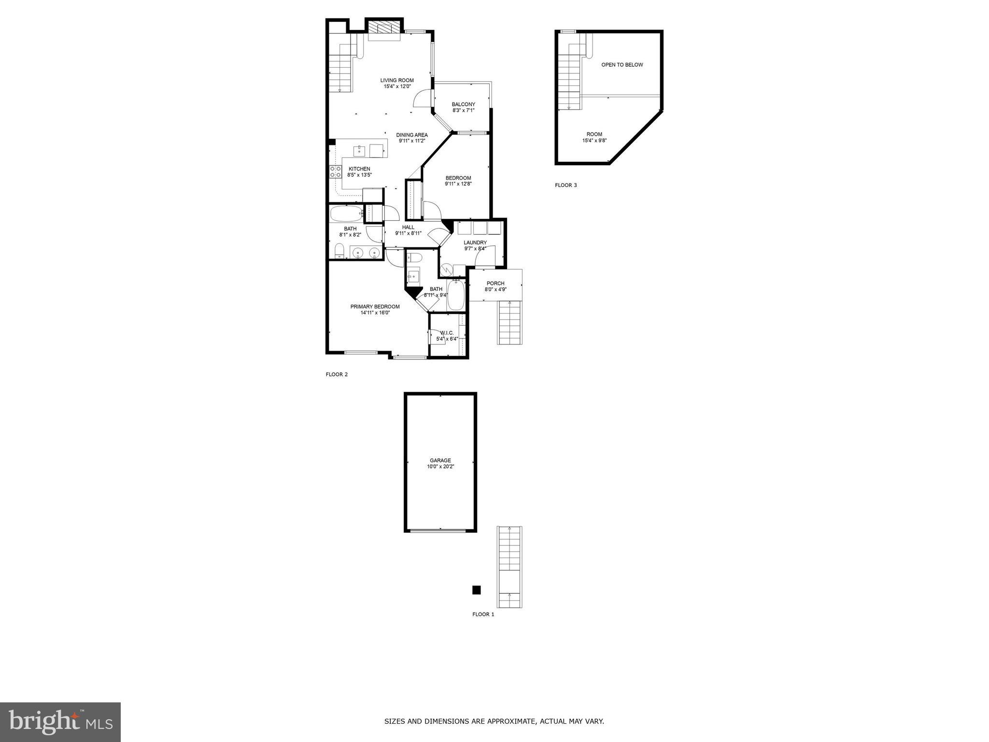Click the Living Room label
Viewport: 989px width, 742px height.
point(396,80)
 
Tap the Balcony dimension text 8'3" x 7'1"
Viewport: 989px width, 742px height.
point(463,111)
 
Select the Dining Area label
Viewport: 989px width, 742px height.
point(411,135)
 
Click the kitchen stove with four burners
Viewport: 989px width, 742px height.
point(336,172)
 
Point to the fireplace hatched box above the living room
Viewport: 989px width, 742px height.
point(384,28)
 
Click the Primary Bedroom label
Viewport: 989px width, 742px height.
point(375,306)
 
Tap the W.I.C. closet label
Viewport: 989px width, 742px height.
point(447,332)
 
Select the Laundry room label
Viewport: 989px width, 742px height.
point(475,243)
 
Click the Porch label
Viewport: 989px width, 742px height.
point(495,284)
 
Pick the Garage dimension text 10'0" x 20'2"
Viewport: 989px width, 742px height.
point(440,467)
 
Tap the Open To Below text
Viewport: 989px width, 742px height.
point(622,65)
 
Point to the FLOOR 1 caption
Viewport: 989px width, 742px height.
point(483,614)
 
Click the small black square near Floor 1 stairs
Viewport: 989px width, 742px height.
point(476,590)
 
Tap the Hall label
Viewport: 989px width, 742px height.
point(408,227)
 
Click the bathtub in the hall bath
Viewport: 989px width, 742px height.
point(346,214)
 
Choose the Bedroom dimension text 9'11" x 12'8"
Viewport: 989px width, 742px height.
point(458,184)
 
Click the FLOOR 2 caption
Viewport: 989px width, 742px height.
point(337,374)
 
